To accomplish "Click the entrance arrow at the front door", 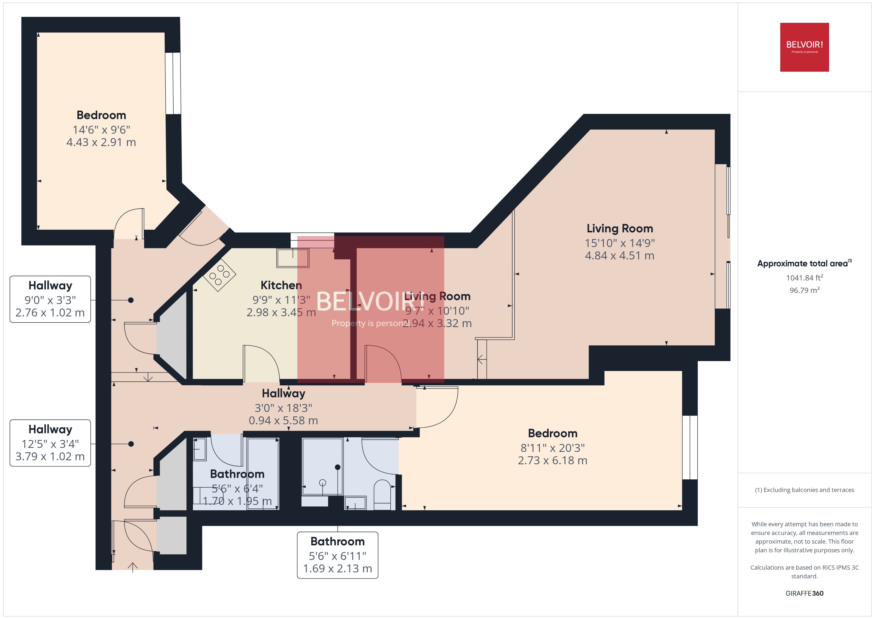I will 133,567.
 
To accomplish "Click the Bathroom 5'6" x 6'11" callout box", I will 337,555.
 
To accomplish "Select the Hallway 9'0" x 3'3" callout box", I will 50,299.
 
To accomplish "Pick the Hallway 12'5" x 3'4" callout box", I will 50,443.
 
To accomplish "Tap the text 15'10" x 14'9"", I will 620,243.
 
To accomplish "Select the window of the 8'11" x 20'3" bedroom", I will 689,447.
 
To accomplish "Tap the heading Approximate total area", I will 802,263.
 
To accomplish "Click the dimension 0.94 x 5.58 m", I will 283,420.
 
